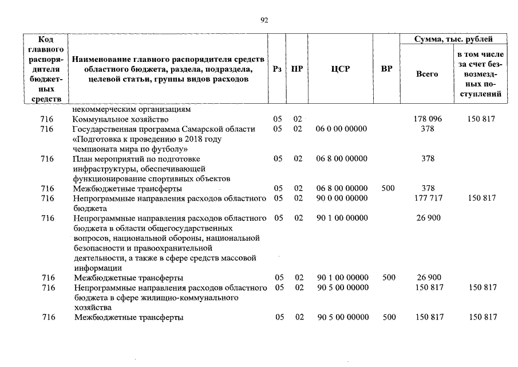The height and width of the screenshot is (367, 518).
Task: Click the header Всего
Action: pyautogui.click(x=427, y=74)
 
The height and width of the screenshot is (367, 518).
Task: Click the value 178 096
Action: pyautogui.click(x=428, y=119)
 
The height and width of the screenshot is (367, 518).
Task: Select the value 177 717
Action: pyautogui.click(x=428, y=198)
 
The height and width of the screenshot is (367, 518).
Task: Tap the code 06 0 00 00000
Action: pyautogui.click(x=342, y=129)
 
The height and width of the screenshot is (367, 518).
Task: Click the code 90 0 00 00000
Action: pyautogui.click(x=342, y=198)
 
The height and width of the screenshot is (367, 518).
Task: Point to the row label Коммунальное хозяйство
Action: pyautogui.click(x=120, y=119)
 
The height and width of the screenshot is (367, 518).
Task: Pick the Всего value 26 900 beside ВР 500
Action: pyautogui.click(x=428, y=278)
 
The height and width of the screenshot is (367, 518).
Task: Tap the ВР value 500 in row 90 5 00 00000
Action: pyautogui.click(x=389, y=317)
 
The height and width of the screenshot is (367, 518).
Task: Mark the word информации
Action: pyautogui.click(x=97, y=267)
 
